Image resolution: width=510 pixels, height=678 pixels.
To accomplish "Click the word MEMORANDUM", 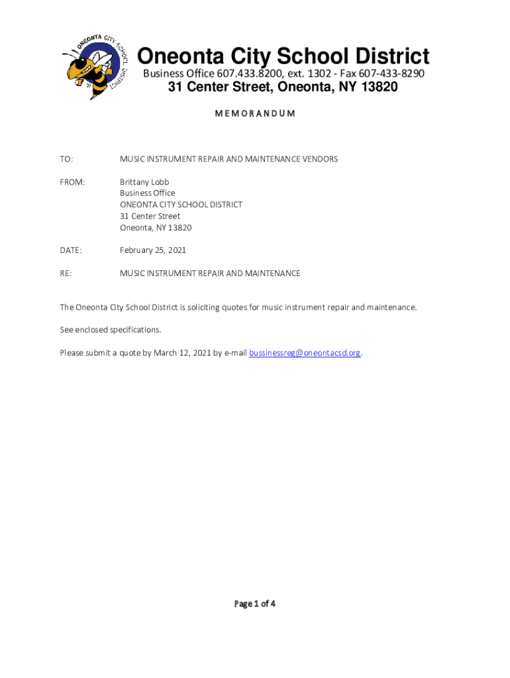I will tap(255, 113).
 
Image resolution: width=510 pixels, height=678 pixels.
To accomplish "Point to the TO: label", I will tap(66, 159).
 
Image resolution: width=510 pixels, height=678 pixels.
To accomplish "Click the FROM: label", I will tap(72, 181).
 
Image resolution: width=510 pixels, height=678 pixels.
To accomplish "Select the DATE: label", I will tap(71, 250).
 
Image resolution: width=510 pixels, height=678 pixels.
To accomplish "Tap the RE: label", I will tap(66, 273).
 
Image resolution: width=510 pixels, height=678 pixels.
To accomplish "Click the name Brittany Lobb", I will tap(144, 181).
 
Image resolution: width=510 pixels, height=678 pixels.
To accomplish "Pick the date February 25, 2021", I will tap(153, 250).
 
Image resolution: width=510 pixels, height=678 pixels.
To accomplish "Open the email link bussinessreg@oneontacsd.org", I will tap(305, 353).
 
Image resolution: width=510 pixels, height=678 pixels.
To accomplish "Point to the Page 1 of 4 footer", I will tap(254, 603).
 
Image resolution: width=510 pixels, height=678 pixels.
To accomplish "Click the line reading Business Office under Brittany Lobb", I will tap(147, 193).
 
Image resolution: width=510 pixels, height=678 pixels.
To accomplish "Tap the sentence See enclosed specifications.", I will tap(111, 330).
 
